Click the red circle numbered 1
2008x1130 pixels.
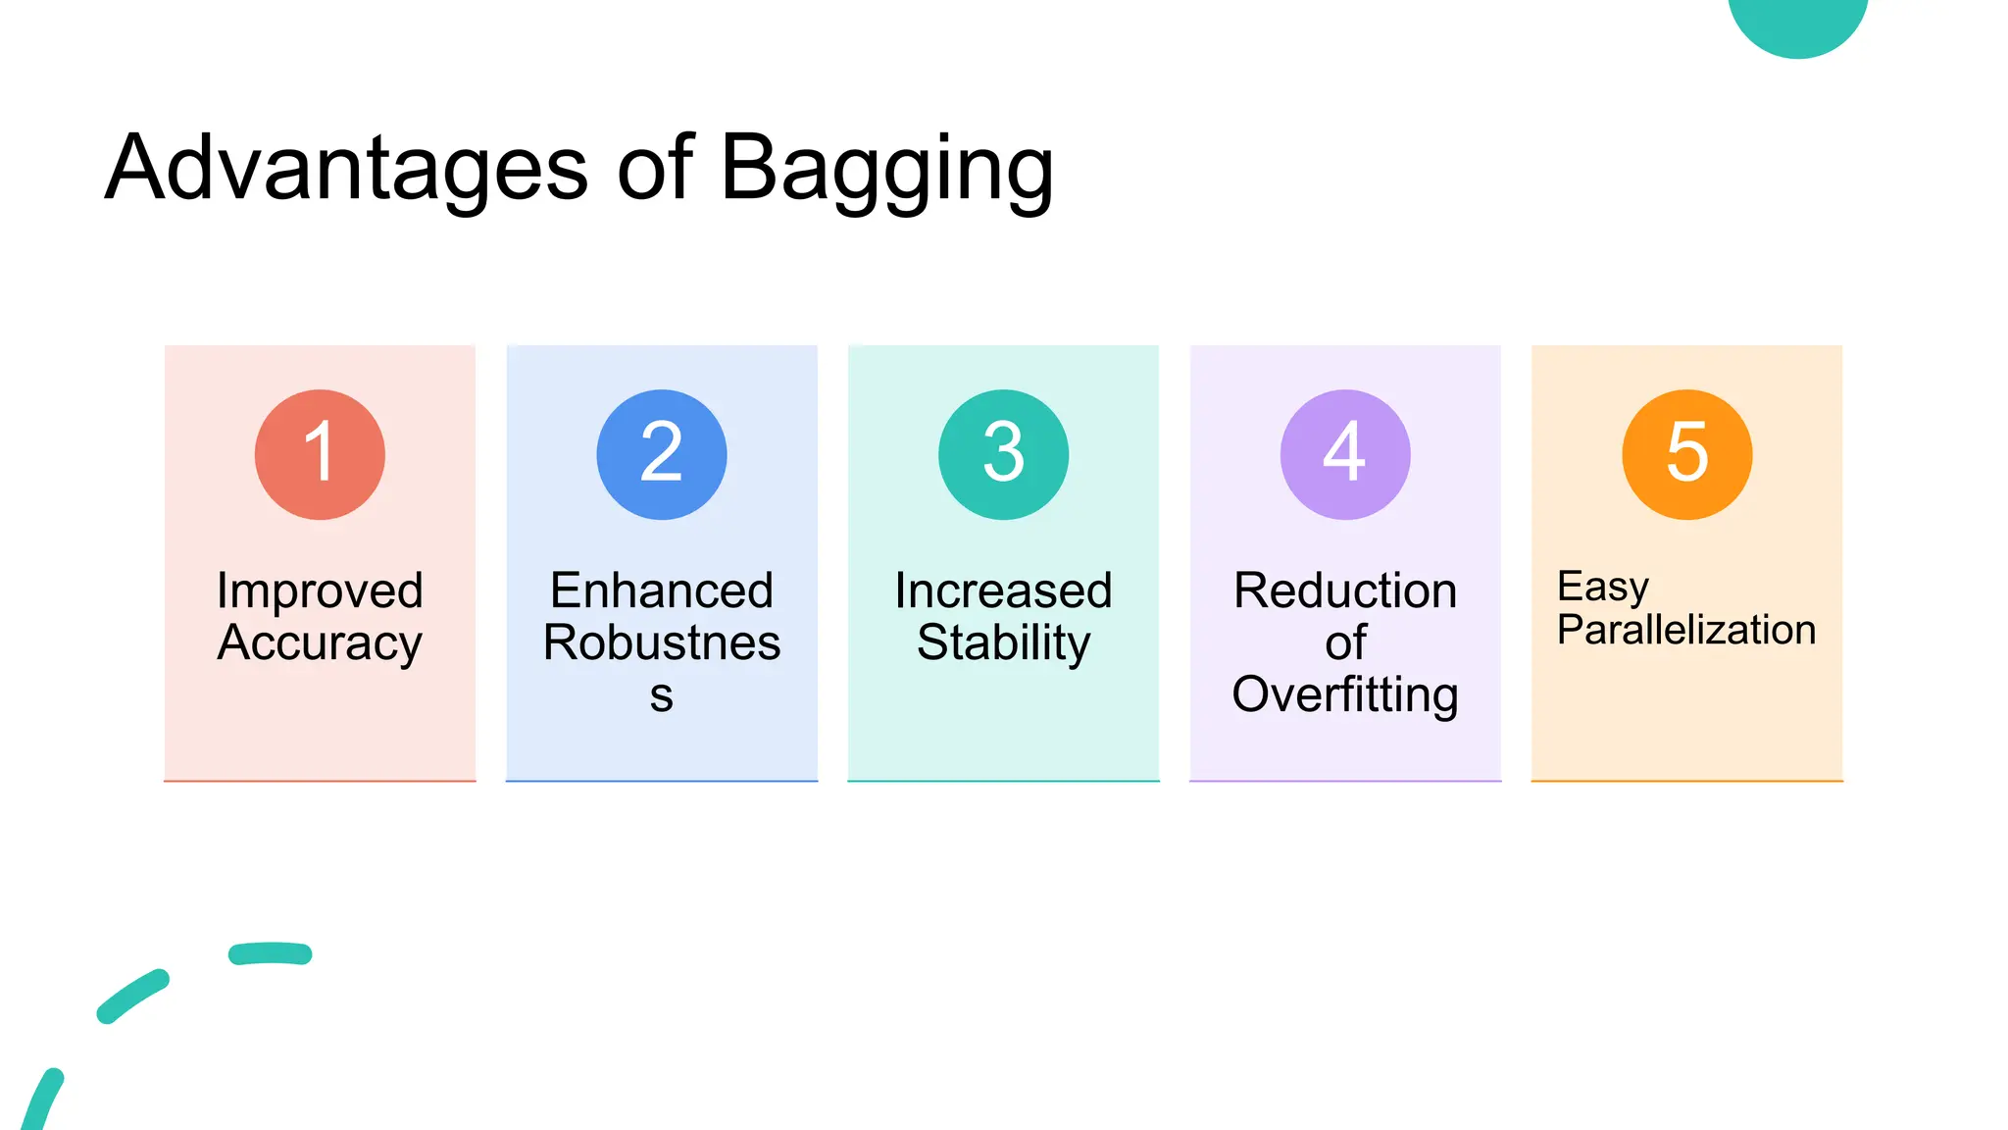[320, 454]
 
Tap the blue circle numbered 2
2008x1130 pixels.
[662, 454]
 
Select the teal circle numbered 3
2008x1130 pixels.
[1003, 454]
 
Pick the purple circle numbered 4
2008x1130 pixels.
[1345, 454]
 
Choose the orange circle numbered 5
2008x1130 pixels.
[1686, 454]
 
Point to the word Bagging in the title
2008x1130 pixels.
[886, 170]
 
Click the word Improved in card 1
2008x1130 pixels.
[320, 591]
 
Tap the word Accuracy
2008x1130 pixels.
[320, 643]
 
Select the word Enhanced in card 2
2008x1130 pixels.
[662, 591]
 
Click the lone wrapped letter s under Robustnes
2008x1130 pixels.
[662, 695]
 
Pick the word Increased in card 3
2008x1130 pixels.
[1003, 591]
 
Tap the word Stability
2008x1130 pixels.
[1003, 643]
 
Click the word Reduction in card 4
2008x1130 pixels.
[1345, 591]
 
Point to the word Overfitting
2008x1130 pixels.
[1345, 695]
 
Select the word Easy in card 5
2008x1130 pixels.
[1602, 587]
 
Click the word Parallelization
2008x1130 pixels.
[1686, 630]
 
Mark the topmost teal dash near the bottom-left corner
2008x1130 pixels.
[271, 953]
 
